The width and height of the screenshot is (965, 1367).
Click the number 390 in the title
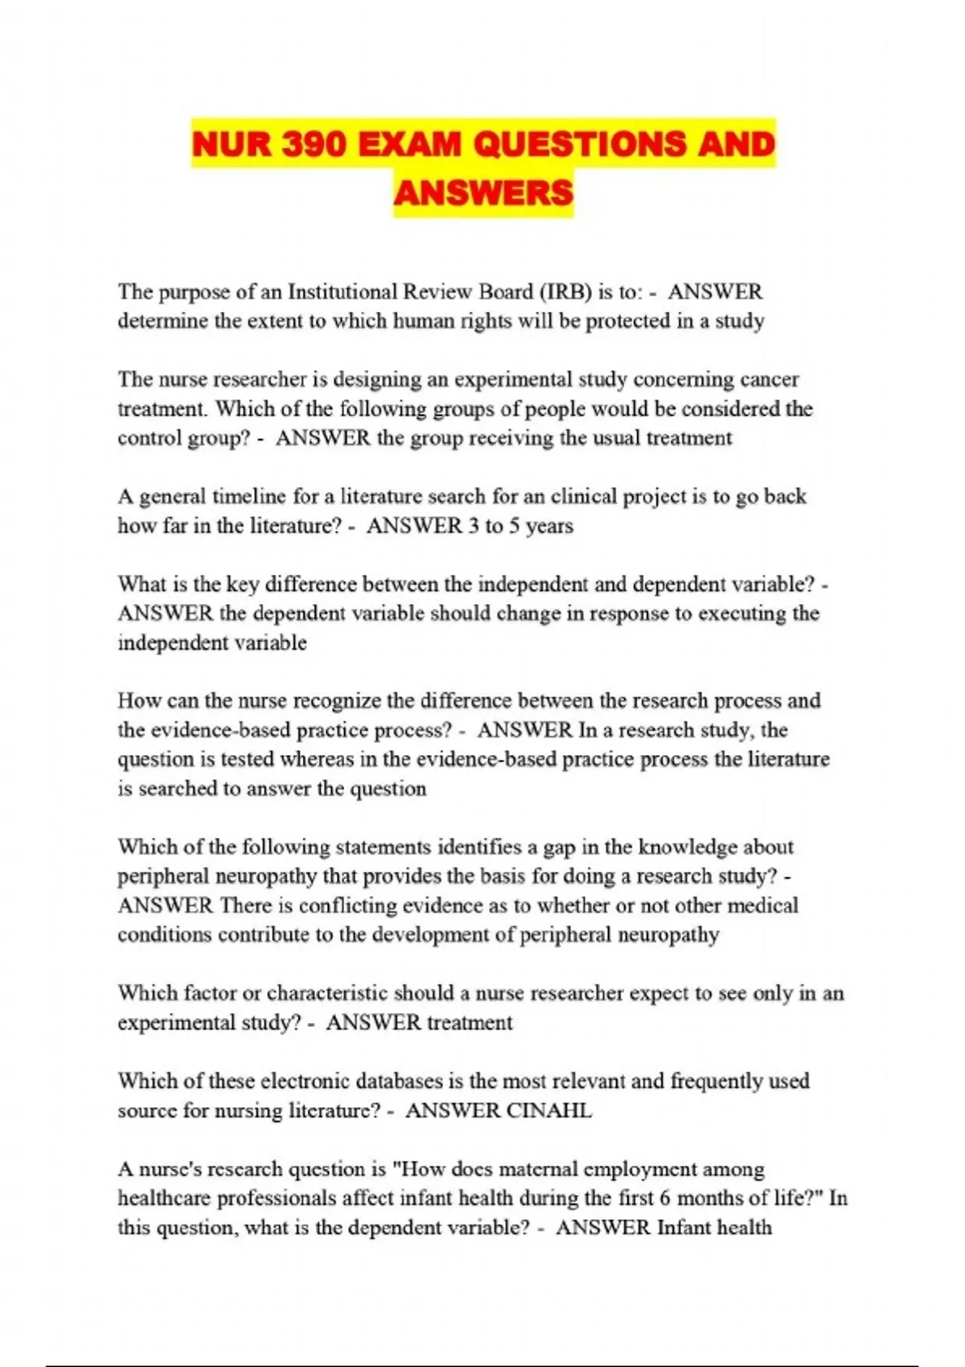(x=306, y=145)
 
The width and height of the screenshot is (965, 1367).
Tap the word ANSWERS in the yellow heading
(x=483, y=193)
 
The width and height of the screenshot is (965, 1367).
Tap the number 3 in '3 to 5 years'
(x=473, y=526)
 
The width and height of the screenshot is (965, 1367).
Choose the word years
(x=549, y=526)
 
